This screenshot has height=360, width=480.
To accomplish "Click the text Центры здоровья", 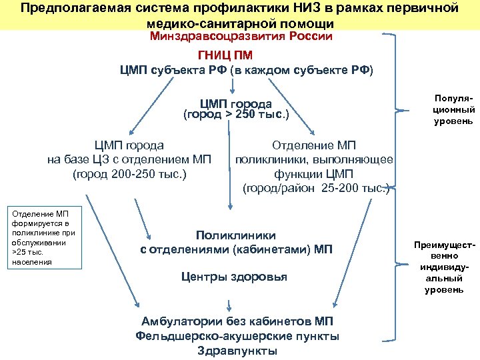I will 235,277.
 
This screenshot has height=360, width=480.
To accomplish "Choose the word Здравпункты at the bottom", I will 237,351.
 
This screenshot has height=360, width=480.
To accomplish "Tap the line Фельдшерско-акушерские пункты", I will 237,336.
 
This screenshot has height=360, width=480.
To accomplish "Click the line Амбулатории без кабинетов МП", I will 237,321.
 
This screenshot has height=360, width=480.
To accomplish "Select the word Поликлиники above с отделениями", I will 235,235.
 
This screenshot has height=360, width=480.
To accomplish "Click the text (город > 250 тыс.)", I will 235,115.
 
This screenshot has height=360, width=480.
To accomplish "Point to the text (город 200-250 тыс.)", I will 129,175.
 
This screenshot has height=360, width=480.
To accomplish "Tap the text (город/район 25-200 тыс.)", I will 315,189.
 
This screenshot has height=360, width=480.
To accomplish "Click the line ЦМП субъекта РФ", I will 247,71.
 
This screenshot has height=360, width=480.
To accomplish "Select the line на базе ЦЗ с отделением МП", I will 129,160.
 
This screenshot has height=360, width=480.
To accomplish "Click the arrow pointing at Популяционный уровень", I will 408,110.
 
